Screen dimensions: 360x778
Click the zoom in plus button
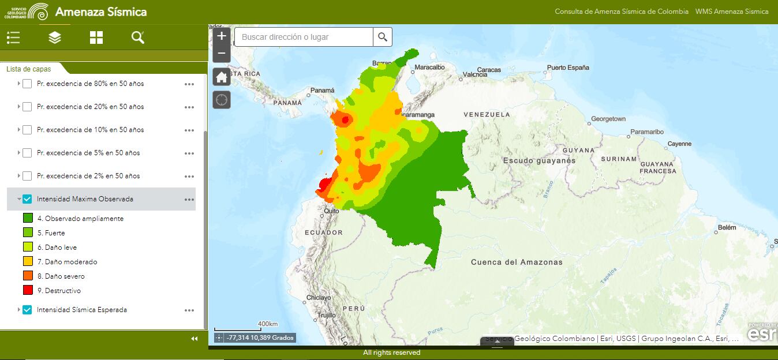coord(222,36)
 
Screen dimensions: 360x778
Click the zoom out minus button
coord(222,54)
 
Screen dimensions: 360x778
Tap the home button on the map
coord(222,77)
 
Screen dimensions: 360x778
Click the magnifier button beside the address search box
coord(383,37)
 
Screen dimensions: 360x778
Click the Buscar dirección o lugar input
coord(303,37)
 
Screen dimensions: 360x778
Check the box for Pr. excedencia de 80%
coord(27,84)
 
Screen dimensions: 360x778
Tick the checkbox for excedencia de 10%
coord(27,130)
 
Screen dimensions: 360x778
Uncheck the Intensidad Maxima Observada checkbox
coord(27,199)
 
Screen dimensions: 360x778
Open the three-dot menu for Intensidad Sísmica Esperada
coord(189,310)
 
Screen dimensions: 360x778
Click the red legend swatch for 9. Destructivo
coord(28,290)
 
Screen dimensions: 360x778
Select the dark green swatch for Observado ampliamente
coord(28,218)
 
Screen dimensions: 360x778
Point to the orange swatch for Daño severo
coord(28,276)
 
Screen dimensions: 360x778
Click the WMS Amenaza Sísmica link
coord(732,12)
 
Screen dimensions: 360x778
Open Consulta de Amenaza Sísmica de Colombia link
coord(622,12)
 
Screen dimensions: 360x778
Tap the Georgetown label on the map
coord(608,119)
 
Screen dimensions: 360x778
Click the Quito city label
coord(331,211)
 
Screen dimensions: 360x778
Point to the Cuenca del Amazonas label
coord(517,262)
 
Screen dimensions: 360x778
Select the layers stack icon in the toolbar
coord(55,37)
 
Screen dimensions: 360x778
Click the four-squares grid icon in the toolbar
coord(96,37)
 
